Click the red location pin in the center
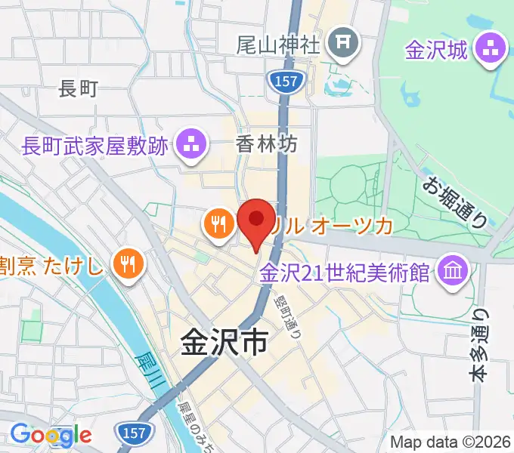point(256,220)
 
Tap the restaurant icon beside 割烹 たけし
point(126,263)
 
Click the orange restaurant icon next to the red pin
point(218,223)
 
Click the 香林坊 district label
point(267,142)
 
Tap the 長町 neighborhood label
point(79,89)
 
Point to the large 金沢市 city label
point(224,344)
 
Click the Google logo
point(51,435)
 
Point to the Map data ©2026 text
point(451,442)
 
